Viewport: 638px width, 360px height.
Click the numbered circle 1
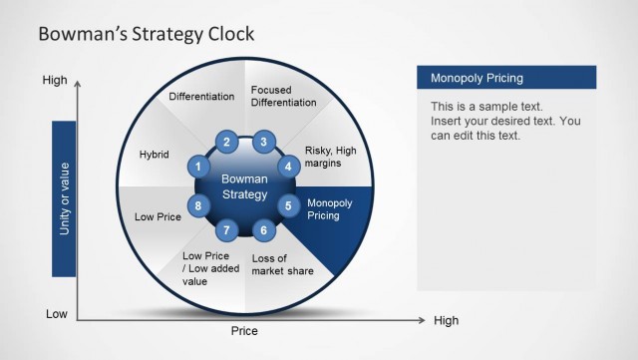pos(199,167)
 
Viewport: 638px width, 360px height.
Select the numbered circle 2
pos(227,143)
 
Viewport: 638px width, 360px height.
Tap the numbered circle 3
pos(263,143)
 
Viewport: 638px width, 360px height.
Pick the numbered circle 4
pos(289,167)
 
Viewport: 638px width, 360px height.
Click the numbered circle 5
pos(289,206)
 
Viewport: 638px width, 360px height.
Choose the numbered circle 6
pos(263,230)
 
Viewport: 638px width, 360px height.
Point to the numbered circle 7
pos(227,230)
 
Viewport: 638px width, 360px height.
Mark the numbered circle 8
pos(199,206)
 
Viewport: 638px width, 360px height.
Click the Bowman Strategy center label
pos(244,186)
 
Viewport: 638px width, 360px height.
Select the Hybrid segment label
pos(155,156)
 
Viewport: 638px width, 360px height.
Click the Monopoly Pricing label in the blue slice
pos(330,208)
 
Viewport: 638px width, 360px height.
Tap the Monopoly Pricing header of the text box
pos(477,78)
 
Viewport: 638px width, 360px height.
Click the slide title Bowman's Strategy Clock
pos(146,34)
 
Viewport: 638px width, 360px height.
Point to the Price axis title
pos(244,331)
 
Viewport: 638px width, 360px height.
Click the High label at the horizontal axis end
pos(446,321)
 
